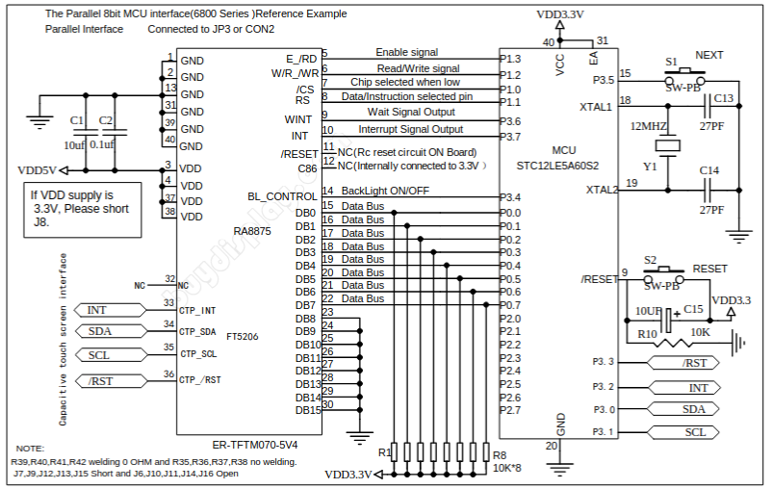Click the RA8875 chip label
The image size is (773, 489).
(x=252, y=231)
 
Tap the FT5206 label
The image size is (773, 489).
(x=243, y=337)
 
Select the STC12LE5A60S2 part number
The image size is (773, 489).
(x=557, y=166)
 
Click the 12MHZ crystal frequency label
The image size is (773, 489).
(x=648, y=126)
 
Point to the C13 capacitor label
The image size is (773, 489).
(x=723, y=98)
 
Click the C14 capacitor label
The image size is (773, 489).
(x=709, y=170)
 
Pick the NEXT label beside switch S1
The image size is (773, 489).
(x=709, y=56)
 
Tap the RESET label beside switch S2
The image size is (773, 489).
(x=710, y=269)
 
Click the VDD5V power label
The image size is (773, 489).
(x=38, y=169)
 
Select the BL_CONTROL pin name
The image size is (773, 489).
(x=282, y=196)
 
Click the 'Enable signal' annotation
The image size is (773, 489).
(x=406, y=52)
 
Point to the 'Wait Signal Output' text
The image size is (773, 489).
(x=412, y=113)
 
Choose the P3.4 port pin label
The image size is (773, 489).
(x=510, y=197)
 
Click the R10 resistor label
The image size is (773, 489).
(x=647, y=333)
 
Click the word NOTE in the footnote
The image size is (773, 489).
(x=31, y=450)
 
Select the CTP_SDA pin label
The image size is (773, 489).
(x=197, y=332)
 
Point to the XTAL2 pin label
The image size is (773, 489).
(x=600, y=190)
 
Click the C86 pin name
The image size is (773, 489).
(x=307, y=168)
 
